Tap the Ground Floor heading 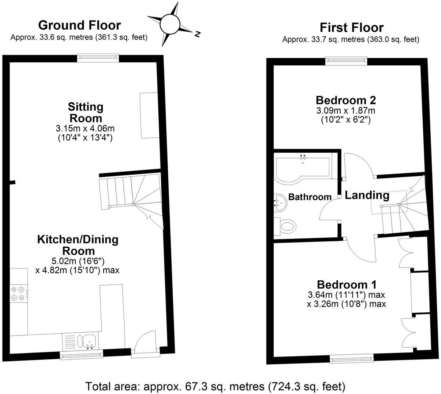(x=79, y=25)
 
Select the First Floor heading (x=351, y=27)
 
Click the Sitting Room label (x=86, y=112)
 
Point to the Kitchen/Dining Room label (x=78, y=245)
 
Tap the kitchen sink (x=89, y=341)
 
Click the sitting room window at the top (x=98, y=58)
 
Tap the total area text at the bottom (x=215, y=386)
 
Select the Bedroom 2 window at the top (x=346, y=61)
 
